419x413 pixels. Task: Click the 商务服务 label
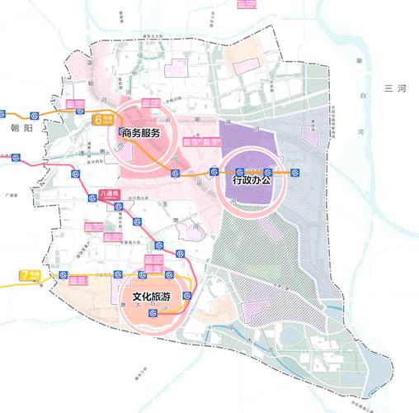[x=150, y=132]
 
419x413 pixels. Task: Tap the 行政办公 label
[x=255, y=178]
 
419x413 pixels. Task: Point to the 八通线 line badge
[x=110, y=194]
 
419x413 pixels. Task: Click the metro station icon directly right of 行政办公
[x=294, y=173]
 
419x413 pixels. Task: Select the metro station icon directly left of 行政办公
[x=214, y=173]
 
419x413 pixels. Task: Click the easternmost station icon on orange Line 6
[x=294, y=173]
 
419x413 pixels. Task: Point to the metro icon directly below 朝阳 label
[x=16, y=154]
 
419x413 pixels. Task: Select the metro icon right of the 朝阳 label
[x=34, y=116]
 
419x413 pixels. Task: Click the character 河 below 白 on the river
[x=359, y=132]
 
